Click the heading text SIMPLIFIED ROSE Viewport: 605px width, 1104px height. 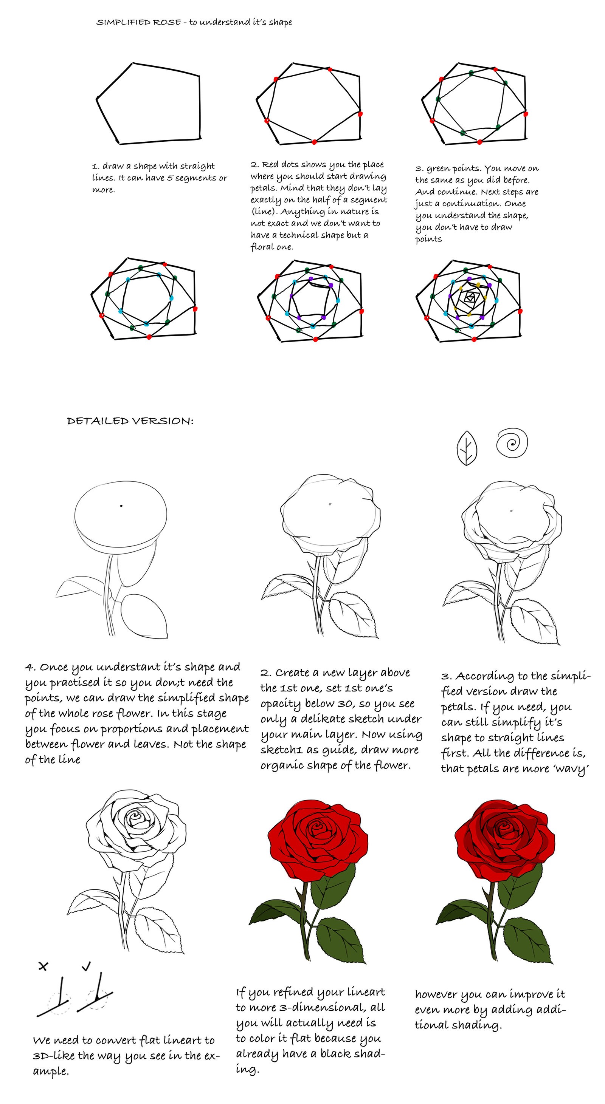pyautogui.click(x=138, y=22)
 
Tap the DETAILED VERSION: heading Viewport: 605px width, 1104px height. pyautogui.click(x=130, y=421)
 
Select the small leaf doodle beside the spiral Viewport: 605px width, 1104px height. pyautogui.click(x=467, y=448)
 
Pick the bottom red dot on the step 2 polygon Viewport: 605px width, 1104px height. pyautogui.click(x=314, y=142)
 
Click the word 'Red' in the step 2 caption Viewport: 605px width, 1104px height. pyautogui.click(x=270, y=165)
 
